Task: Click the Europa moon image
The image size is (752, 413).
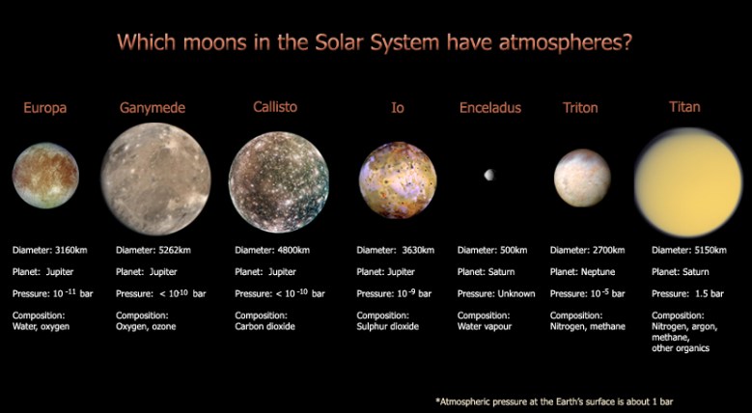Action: pos(44,176)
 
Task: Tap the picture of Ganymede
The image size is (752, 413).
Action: pos(154,179)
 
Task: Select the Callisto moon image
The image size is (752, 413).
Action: pos(278,181)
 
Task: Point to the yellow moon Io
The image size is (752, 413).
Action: pos(397,180)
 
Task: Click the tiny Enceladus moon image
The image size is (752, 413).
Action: pos(489,175)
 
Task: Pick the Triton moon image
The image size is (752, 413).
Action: pos(581,178)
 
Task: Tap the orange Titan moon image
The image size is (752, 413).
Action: pos(687,181)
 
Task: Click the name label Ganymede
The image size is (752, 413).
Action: pos(152,107)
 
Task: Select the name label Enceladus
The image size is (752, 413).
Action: pos(489,107)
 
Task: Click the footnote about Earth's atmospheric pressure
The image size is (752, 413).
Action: pos(578,398)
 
